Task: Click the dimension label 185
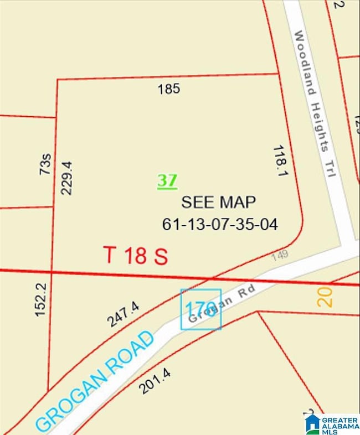coord(169,89)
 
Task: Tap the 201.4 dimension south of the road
coord(153,381)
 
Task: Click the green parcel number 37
coord(167,180)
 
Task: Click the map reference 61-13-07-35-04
coord(220,224)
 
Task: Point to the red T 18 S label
coord(136,256)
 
